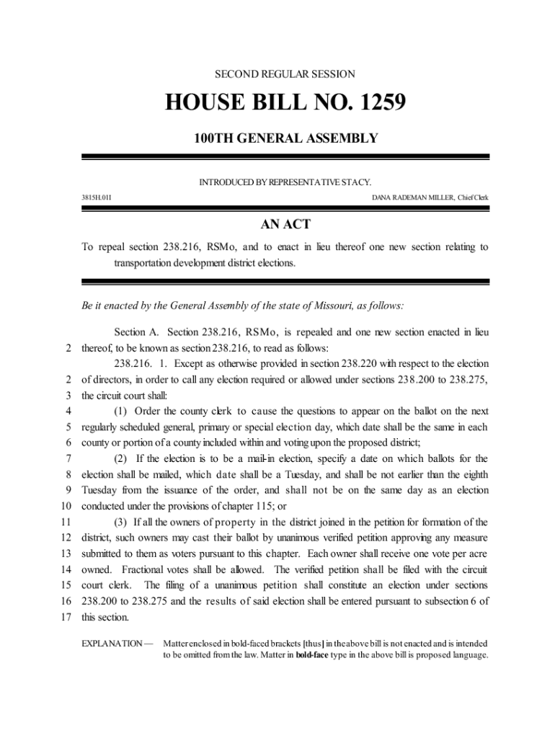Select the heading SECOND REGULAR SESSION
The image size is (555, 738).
[x=285, y=74]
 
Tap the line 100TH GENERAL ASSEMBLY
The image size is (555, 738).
[x=285, y=138]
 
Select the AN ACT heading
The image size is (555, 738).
[x=285, y=225]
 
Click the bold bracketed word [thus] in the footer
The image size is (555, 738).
[x=314, y=642]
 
